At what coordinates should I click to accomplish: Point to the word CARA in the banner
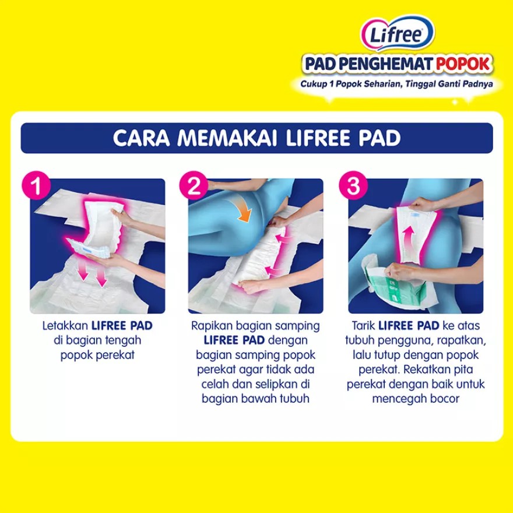tap(141, 138)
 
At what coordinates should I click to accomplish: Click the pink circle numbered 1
tap(36, 185)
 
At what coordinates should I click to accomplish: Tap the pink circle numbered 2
tap(194, 185)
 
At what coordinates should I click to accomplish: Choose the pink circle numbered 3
tap(353, 185)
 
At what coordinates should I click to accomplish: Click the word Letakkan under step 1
tap(65, 326)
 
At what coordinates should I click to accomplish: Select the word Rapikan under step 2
tap(212, 326)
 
